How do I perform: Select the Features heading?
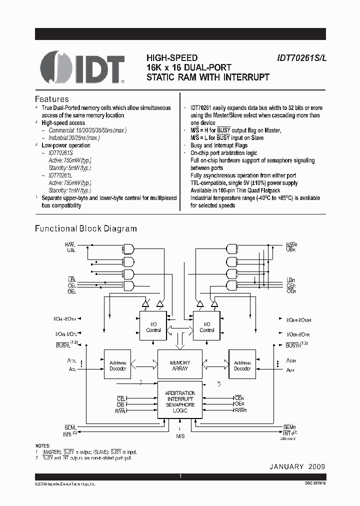click(51, 99)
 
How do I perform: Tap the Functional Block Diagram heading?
click(85, 228)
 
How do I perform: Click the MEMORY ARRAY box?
click(180, 365)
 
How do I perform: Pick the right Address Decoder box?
click(242, 365)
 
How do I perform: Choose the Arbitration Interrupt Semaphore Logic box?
click(180, 402)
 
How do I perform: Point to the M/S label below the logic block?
click(180, 436)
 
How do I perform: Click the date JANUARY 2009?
click(297, 466)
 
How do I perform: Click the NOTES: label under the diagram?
click(42, 445)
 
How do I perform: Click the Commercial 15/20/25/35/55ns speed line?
click(87, 130)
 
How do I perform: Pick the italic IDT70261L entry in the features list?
click(61, 175)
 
